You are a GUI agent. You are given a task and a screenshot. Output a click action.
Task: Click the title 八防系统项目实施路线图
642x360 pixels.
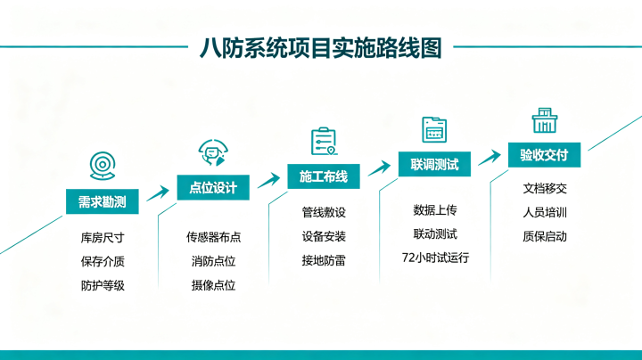(321, 48)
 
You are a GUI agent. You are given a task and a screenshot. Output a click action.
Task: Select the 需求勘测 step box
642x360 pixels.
(103, 201)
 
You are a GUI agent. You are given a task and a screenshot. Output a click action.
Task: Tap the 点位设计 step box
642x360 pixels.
(213, 187)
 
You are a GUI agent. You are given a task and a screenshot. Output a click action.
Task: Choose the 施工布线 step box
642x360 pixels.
(324, 176)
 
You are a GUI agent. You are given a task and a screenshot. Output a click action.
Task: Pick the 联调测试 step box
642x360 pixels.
(434, 164)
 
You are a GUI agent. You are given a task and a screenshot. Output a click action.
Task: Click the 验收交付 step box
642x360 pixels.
(544, 155)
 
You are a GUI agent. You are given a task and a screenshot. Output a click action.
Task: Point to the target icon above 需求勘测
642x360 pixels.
(103, 166)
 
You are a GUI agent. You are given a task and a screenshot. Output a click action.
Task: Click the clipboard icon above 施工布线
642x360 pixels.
(325, 141)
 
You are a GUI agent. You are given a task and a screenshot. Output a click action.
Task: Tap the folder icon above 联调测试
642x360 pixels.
(434, 130)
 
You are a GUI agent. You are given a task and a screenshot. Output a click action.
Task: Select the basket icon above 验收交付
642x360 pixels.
(545, 120)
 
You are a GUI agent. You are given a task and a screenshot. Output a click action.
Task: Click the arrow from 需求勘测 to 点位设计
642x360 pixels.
(158, 193)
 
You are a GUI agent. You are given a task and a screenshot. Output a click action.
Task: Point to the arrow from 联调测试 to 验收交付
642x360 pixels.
(490, 158)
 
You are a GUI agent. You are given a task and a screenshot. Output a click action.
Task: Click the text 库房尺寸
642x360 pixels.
(103, 238)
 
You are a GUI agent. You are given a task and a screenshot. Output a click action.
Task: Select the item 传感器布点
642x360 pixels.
(213, 237)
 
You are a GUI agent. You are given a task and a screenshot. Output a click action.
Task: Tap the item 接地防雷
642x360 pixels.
(324, 260)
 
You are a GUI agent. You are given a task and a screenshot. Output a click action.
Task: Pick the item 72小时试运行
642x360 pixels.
(435, 258)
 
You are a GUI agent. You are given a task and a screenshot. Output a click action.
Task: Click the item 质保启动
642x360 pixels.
(545, 236)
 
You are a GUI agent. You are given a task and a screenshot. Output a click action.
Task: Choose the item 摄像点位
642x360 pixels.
(213, 285)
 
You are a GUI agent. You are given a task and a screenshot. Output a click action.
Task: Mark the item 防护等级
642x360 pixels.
(103, 285)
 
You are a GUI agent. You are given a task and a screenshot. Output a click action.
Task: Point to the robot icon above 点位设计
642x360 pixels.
(213, 152)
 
